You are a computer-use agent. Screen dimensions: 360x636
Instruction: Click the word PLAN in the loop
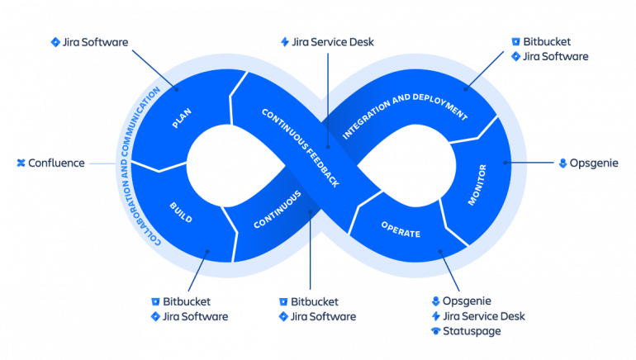pyautogui.click(x=182, y=118)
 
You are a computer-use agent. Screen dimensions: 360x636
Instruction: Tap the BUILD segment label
pyautogui.click(x=180, y=212)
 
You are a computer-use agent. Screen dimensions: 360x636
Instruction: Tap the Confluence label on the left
pyautogui.click(x=56, y=163)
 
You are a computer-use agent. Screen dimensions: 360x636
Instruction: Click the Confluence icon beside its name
pyautogui.click(x=21, y=163)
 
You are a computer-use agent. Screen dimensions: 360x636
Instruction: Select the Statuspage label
pyautogui.click(x=472, y=331)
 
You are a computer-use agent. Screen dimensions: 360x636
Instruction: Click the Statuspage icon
pyautogui.click(x=435, y=331)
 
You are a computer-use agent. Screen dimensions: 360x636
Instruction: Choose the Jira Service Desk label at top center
pyautogui.click(x=333, y=41)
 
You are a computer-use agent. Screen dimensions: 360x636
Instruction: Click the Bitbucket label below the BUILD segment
pyautogui.click(x=186, y=302)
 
